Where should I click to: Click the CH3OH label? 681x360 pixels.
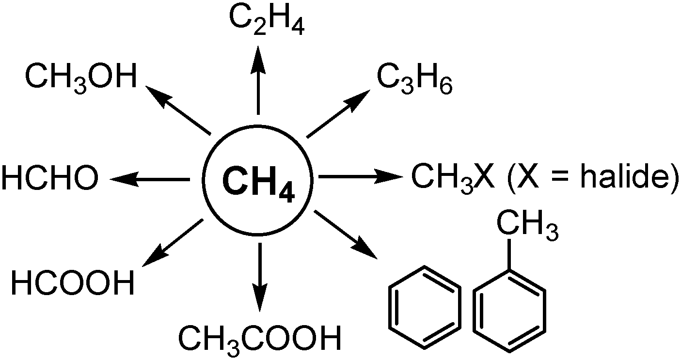click(x=81, y=78)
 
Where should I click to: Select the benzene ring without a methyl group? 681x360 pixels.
click(x=425, y=307)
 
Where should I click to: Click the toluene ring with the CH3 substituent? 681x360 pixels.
click(x=509, y=307)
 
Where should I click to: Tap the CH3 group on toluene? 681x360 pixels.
click(x=526, y=229)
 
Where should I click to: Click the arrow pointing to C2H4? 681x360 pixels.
click(x=258, y=80)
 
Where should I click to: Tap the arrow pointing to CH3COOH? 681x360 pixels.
click(x=260, y=276)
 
